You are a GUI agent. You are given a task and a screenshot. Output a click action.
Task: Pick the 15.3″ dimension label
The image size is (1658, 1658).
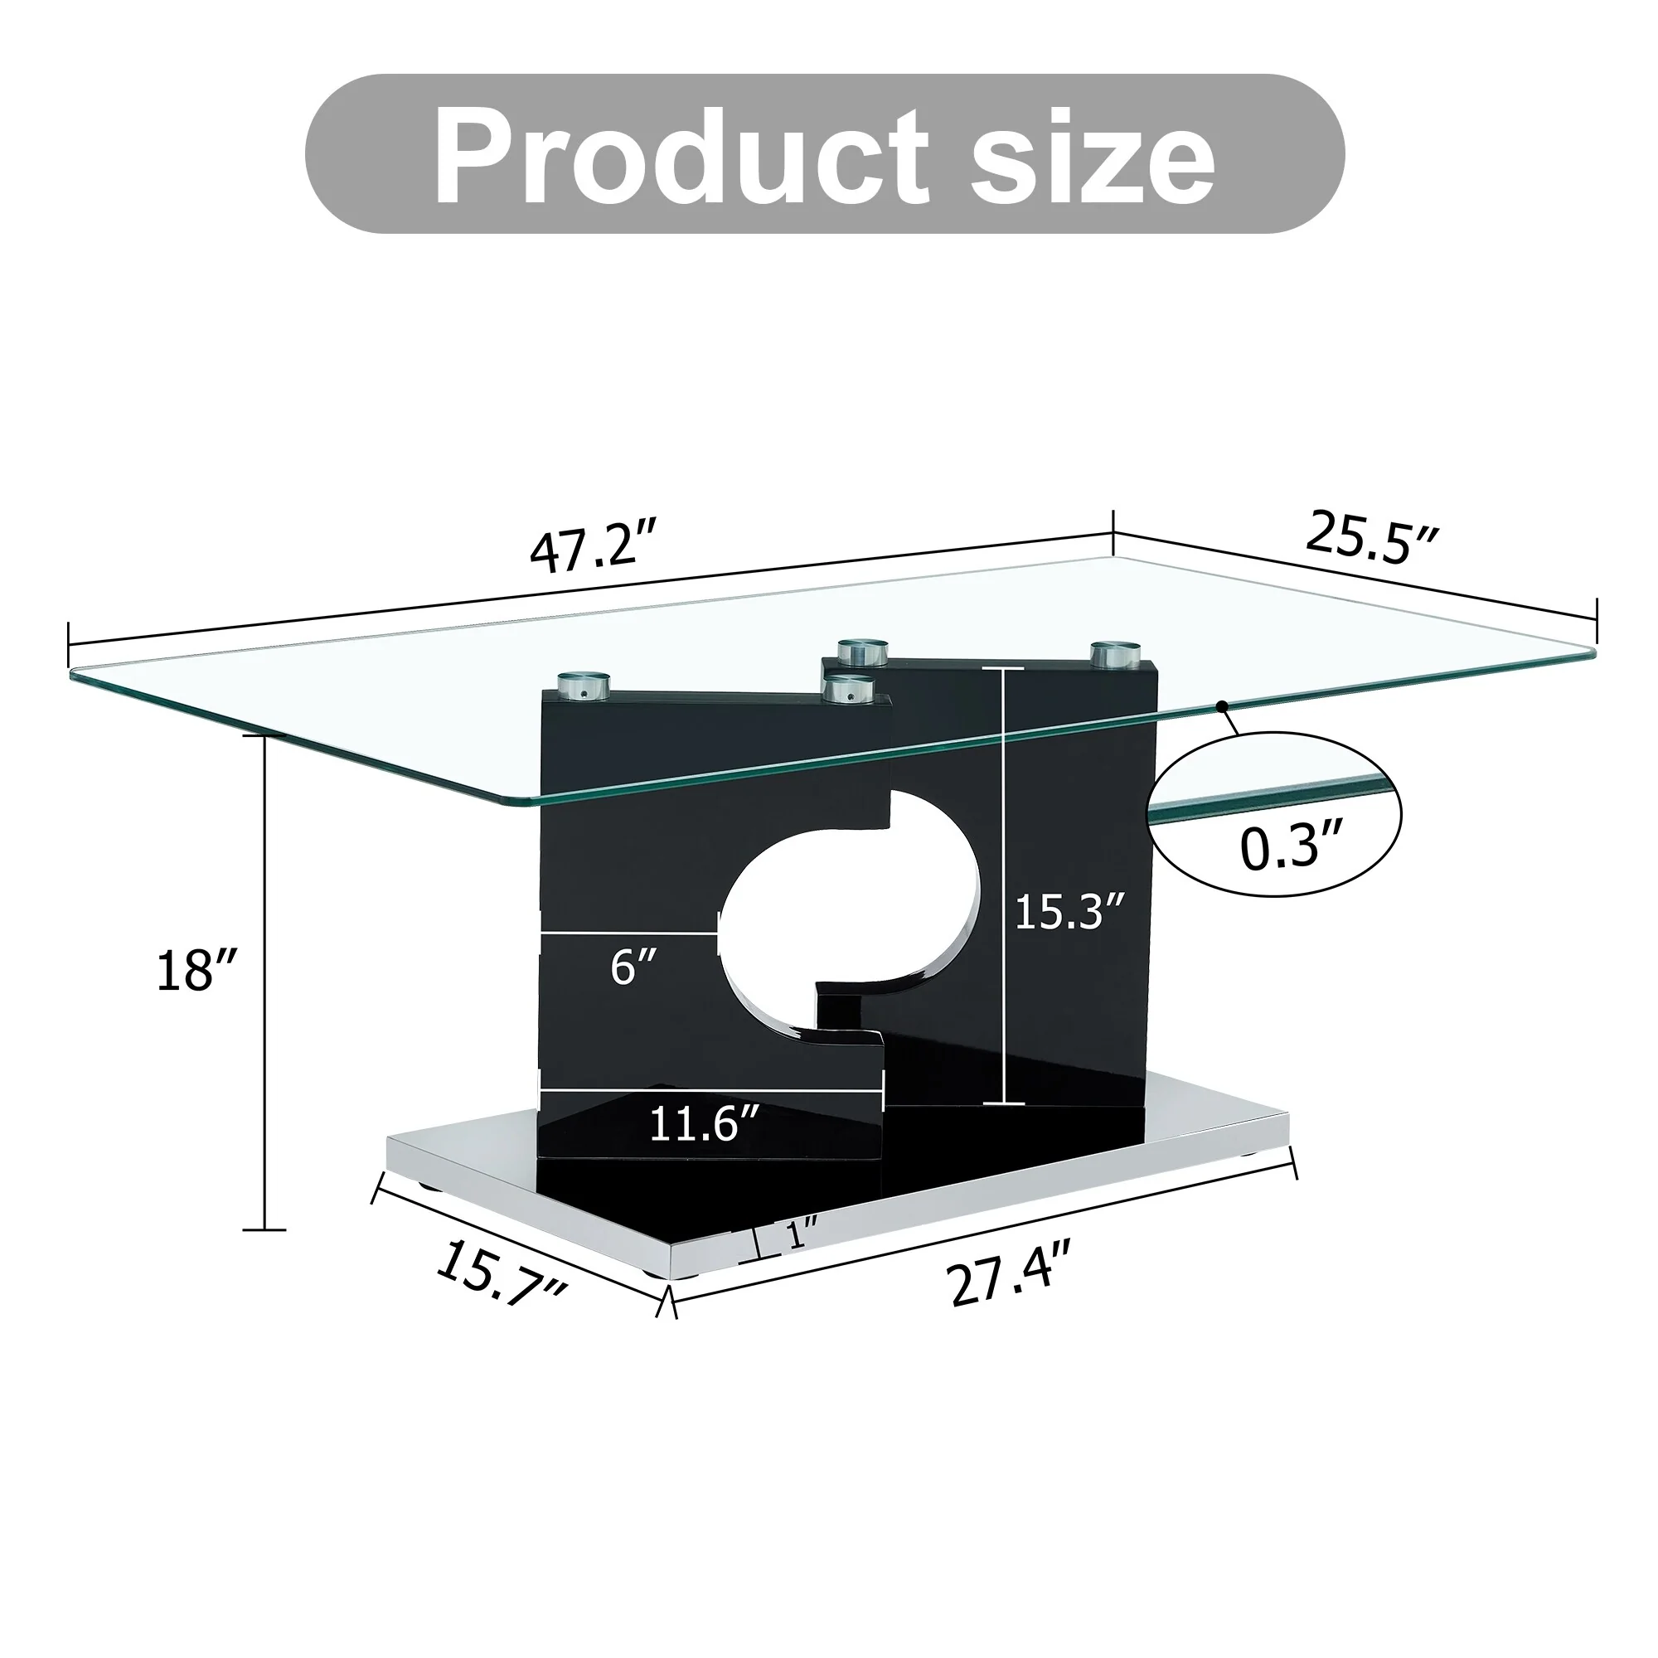click(1069, 912)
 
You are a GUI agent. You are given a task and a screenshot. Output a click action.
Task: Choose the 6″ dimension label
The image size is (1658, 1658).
click(634, 968)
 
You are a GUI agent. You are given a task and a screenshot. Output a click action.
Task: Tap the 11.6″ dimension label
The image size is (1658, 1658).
click(704, 1123)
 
